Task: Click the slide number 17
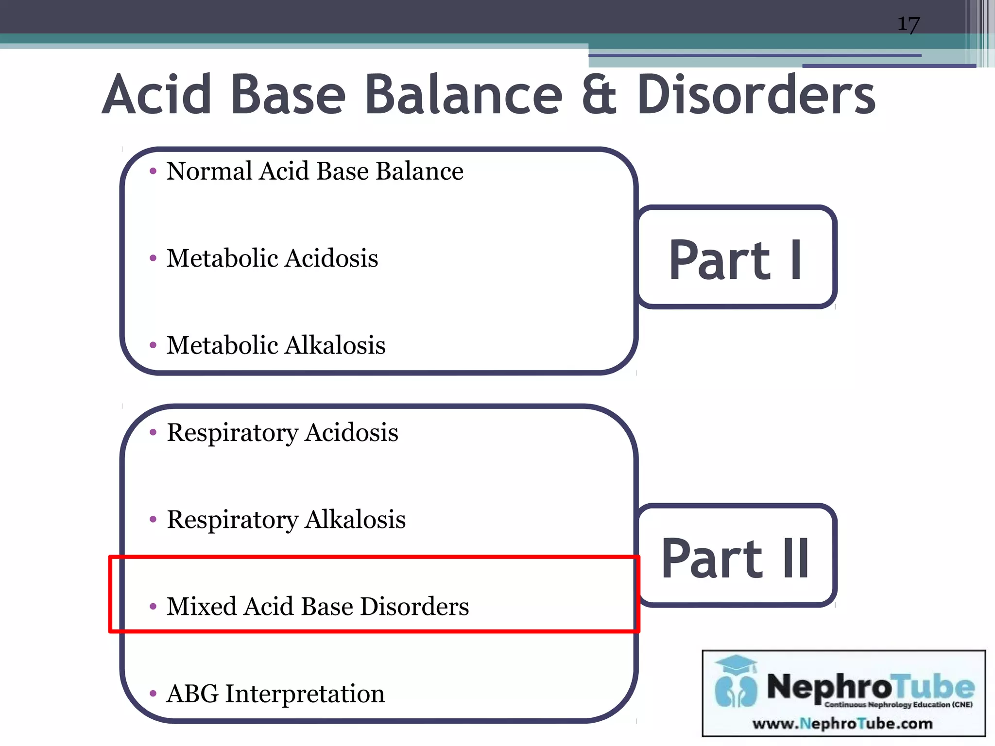coord(908,24)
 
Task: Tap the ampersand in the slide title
coord(599,96)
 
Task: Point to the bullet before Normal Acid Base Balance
coord(153,171)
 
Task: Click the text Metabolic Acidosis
coord(272,258)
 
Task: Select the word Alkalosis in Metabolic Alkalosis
coord(335,345)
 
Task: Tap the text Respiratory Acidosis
coord(282,432)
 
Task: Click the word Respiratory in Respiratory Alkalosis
coord(232,520)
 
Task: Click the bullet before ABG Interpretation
coord(153,694)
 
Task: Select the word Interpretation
coord(305,694)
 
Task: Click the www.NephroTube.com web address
coord(842,724)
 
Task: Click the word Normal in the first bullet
coord(209,171)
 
